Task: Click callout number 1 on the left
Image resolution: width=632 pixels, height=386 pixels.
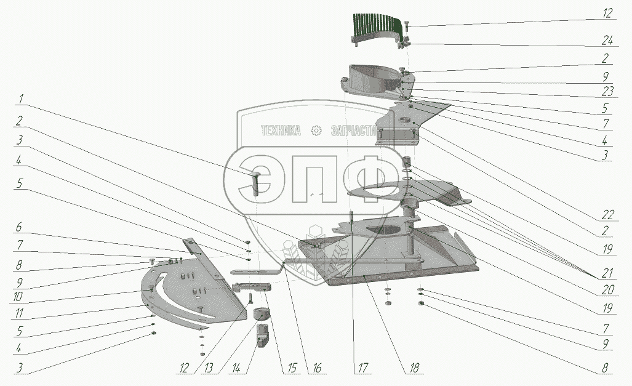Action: [21, 99]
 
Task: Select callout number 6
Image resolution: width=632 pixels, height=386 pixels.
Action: [18, 227]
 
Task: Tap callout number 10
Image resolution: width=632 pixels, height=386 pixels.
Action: [18, 297]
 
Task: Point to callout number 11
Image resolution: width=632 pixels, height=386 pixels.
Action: [19, 313]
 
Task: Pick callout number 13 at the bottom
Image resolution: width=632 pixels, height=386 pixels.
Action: [209, 368]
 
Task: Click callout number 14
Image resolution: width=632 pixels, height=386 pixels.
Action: [236, 368]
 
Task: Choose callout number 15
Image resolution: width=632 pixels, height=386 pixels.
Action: [292, 368]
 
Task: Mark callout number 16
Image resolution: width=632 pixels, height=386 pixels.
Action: [317, 368]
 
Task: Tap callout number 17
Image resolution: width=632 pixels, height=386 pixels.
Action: [362, 368]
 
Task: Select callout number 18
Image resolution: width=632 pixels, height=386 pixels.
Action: [414, 368]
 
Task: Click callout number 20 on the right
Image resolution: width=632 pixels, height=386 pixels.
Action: [607, 289]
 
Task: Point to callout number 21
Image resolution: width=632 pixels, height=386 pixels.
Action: [607, 273]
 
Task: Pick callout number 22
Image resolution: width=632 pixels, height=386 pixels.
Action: [607, 215]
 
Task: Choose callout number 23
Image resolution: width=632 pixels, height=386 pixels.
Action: [607, 91]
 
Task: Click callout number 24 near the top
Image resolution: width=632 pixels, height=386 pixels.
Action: [607, 41]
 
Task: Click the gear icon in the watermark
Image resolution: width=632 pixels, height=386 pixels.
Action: [316, 131]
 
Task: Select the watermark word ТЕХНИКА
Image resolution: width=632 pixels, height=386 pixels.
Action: [281, 131]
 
